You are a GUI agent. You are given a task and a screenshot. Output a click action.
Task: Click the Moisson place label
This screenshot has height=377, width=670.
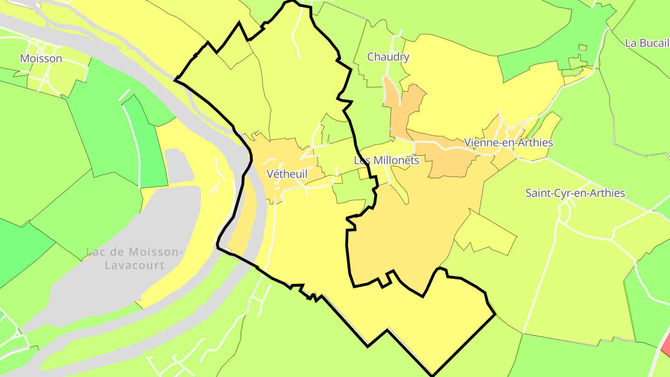[x=41, y=59]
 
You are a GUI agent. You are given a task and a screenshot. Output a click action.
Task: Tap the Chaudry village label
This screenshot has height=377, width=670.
[x=388, y=57]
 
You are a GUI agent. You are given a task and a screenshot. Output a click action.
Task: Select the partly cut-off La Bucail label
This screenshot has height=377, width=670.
[x=647, y=43]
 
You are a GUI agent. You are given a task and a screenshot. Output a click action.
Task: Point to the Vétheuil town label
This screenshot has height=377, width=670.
[x=287, y=174]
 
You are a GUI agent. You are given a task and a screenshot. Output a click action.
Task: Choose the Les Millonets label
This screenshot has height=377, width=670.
[x=386, y=161]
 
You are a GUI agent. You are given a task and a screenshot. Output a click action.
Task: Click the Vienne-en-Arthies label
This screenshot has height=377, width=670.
[x=508, y=142]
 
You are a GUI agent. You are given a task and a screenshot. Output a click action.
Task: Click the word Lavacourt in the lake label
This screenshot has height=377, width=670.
[x=134, y=266]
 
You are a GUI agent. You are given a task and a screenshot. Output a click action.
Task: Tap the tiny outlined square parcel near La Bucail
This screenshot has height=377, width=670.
[x=583, y=47]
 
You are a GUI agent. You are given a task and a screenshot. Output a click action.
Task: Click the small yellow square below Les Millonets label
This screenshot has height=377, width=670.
[x=363, y=174]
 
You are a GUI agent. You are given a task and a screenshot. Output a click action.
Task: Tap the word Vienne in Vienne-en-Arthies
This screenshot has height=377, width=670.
[x=480, y=142]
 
